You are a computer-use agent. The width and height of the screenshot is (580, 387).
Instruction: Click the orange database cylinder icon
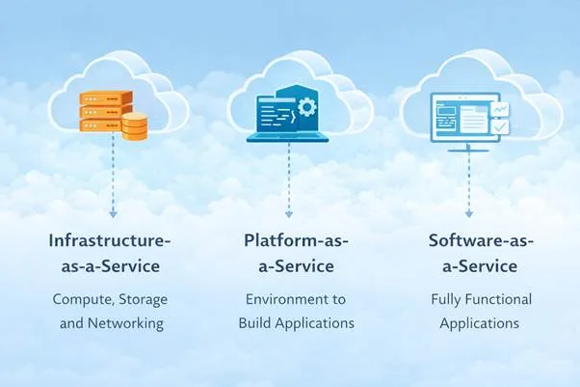(x=135, y=124)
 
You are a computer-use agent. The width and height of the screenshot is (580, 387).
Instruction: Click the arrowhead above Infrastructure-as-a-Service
(x=113, y=211)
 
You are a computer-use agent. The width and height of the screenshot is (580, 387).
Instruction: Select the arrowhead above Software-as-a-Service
(x=469, y=211)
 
